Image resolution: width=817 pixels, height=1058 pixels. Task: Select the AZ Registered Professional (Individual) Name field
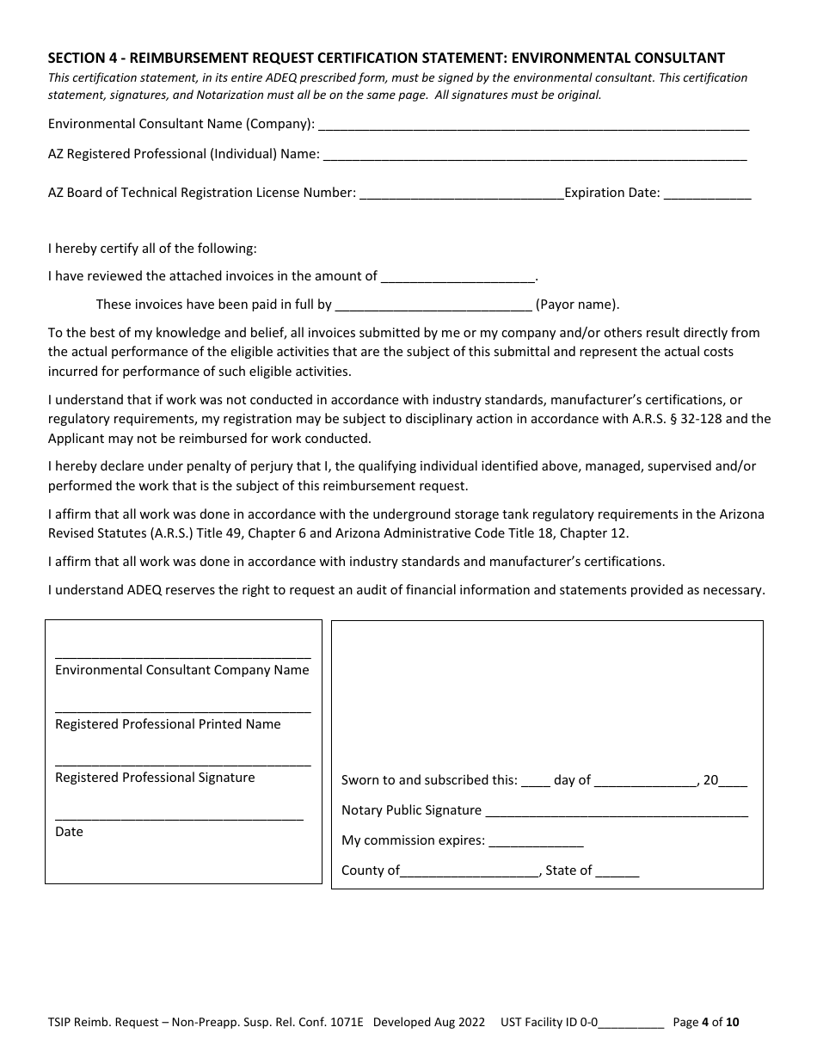pos(533,157)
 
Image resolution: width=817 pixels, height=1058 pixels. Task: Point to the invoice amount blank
pos(458,279)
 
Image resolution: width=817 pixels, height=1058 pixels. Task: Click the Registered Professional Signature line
pos(182,762)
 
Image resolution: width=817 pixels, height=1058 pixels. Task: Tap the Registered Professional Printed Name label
pos(168,724)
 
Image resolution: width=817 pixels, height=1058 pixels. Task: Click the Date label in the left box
pos(69,832)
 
